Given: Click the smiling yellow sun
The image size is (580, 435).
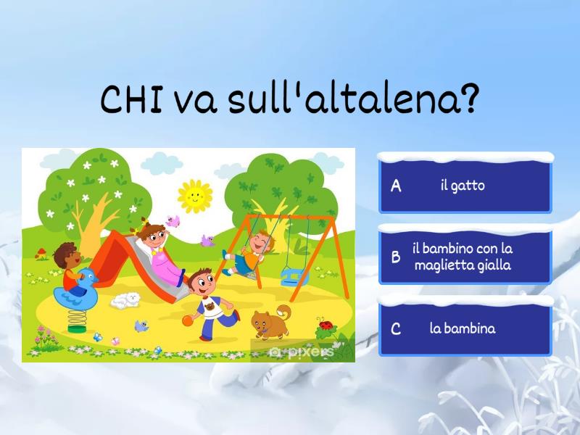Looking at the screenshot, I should point(194,194).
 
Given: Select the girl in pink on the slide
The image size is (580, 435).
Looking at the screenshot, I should point(158,250).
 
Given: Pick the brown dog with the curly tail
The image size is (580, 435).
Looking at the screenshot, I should point(271,322).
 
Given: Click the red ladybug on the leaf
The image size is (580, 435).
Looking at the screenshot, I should point(326,326).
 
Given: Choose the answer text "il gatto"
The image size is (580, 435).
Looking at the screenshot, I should point(463,186).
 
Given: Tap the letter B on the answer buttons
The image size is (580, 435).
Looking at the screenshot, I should point(396,257).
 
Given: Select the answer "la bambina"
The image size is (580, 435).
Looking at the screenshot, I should point(463,328).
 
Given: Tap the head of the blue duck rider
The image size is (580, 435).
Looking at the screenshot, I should point(66,254).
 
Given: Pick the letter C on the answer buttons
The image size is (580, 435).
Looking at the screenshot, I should point(396,329).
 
